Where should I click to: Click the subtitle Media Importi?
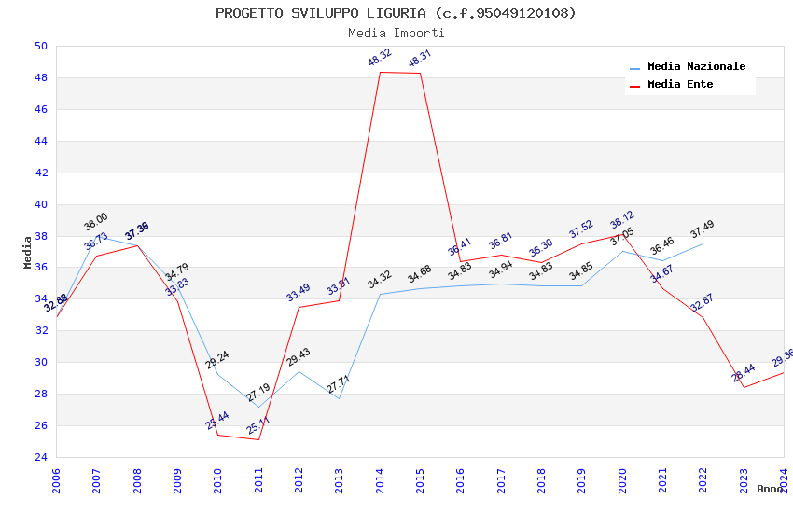[396, 34]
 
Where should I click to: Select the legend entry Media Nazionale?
[696, 67]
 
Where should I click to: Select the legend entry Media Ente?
[680, 85]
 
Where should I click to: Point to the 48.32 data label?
[380, 59]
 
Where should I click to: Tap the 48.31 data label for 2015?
[420, 60]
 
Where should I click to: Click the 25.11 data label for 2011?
[258, 426]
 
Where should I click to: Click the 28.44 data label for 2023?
[744, 374]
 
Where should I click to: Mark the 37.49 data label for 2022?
[703, 229]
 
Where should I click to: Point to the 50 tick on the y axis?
[40, 47]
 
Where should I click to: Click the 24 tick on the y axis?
[40, 457]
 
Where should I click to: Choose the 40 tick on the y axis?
[40, 204]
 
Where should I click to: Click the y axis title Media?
[28, 252]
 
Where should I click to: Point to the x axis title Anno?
[770, 489]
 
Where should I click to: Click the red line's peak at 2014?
[380, 72]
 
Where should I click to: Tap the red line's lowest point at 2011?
[258, 439]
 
